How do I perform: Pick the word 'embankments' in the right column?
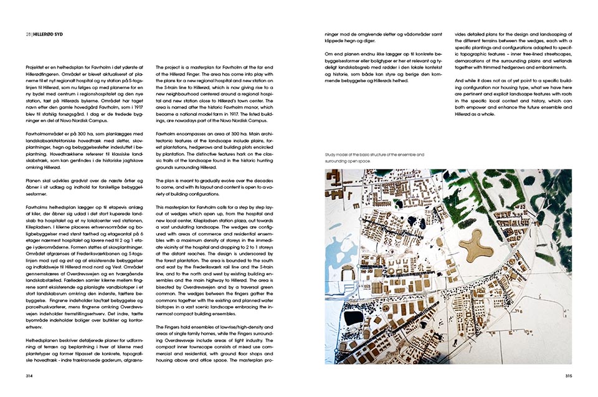546,59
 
